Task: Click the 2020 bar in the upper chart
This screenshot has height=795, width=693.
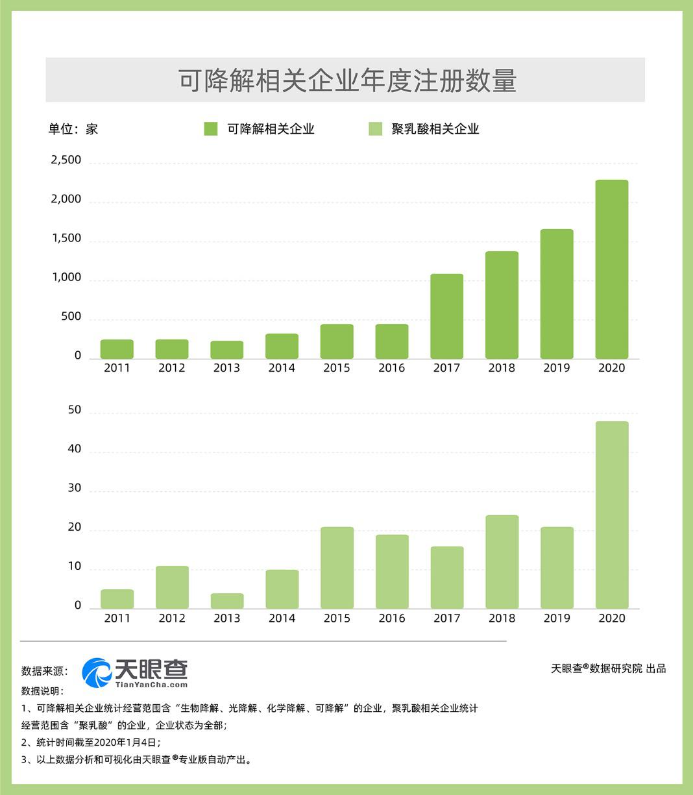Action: [x=611, y=269]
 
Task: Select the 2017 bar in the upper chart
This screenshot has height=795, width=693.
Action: [x=446, y=316]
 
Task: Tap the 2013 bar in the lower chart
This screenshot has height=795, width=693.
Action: [x=227, y=601]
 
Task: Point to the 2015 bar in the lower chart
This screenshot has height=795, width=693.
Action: [x=337, y=568]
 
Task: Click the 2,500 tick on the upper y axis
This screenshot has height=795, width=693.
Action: [x=66, y=160]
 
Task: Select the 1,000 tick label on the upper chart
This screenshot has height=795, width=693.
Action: [x=66, y=278]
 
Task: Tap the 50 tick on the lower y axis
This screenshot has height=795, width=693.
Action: [x=75, y=410]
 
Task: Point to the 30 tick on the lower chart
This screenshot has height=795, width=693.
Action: [x=75, y=489]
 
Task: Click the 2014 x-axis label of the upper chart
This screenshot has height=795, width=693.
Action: [x=282, y=368]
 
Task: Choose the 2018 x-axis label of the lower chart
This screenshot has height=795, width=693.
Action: [x=502, y=618]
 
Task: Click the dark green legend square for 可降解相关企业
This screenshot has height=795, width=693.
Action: [x=211, y=128]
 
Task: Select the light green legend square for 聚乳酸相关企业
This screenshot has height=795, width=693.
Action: [x=376, y=128]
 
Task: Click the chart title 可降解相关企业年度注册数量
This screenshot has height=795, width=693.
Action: [x=346, y=80]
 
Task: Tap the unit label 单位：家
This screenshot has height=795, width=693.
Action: [x=73, y=128]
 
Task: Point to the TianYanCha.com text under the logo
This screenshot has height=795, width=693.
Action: [x=151, y=684]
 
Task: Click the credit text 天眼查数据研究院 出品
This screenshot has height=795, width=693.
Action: [x=608, y=668]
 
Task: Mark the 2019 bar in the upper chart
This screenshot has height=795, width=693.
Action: [x=557, y=293]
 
